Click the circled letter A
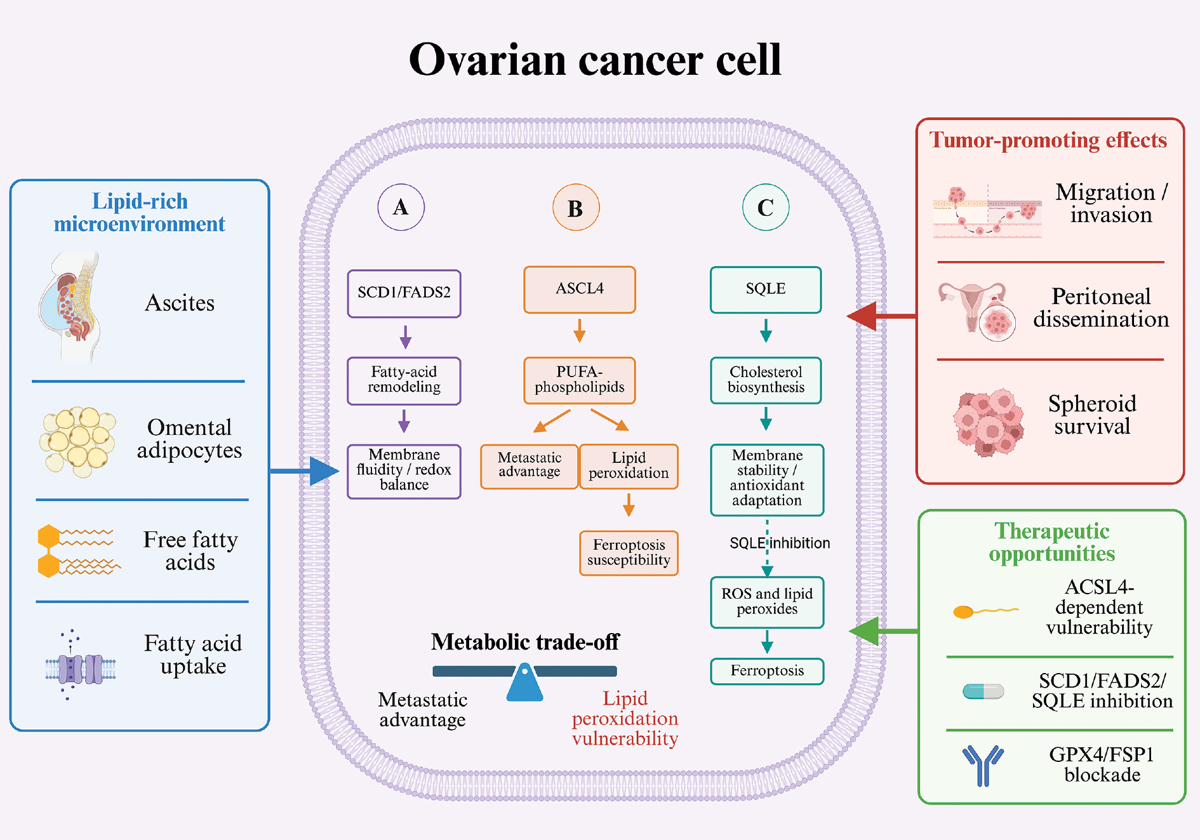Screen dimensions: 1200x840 tap(401, 207)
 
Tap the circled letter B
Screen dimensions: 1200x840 tap(576, 208)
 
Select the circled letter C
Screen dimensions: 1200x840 tap(766, 207)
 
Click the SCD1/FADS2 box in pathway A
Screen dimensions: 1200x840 tap(404, 293)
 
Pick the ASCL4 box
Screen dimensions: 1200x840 tap(579, 290)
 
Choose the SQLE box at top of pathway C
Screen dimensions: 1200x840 tap(766, 290)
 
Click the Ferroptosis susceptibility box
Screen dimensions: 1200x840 tap(629, 553)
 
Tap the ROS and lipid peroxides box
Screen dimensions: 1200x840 tap(767, 602)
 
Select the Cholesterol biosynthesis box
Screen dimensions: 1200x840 tap(766, 380)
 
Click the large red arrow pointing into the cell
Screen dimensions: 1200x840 tap(881, 316)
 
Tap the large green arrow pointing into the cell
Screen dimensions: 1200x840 tap(883, 631)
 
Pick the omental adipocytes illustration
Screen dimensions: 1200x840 tap(77, 441)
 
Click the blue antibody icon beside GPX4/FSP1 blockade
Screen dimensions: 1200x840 tap(983, 765)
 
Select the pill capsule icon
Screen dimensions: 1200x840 tap(983, 691)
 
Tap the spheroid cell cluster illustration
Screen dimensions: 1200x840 tap(989, 423)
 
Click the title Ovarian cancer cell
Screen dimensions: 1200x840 tap(595, 60)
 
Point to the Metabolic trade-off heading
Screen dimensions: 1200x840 tap(525, 642)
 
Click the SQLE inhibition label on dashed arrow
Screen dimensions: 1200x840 tap(780, 543)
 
